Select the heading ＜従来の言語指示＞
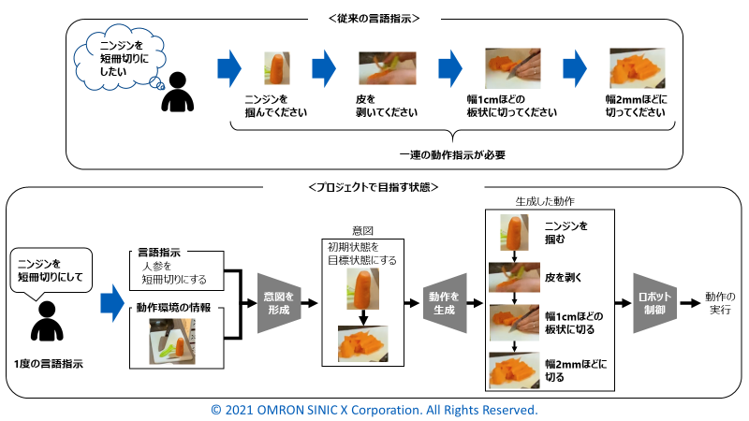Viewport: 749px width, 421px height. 374,18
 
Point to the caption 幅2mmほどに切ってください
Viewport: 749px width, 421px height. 637,106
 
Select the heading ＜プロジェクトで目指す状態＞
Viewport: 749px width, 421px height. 374,187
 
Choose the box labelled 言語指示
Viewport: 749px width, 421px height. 176,265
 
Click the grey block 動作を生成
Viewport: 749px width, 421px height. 444,303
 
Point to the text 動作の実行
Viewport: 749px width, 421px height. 721,304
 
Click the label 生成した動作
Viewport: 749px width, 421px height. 544,201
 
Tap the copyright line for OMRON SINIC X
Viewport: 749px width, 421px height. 374,410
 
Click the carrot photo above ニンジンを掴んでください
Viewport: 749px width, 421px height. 275,68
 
